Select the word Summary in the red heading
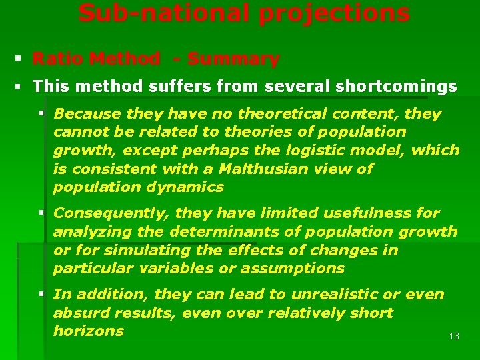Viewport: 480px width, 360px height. pyautogui.click(x=233, y=59)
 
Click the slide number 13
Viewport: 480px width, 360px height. pyautogui.click(x=454, y=336)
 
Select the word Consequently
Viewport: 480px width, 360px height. pyautogui.click(x=103, y=213)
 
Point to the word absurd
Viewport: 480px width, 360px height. pyautogui.click(x=75, y=313)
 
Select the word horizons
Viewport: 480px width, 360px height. pyautogui.click(x=89, y=331)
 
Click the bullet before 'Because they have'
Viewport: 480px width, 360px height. pyautogui.click(x=41, y=114)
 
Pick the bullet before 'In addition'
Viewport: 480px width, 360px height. pyautogui.click(x=41, y=295)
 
